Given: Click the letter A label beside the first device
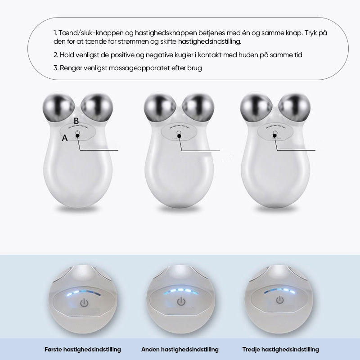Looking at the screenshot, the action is tap(65, 138).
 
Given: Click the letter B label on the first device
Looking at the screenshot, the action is tap(76, 121).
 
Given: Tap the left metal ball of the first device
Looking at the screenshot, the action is tap(58, 108).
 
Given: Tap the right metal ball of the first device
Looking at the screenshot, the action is tap(97, 108).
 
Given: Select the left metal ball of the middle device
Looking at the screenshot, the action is tap(160, 108).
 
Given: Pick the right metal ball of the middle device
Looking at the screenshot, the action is tap(198, 108).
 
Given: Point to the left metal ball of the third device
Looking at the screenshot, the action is tap(256, 108).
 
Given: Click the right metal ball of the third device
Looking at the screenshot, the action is tap(294, 108).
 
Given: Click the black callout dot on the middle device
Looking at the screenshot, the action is tap(179, 136).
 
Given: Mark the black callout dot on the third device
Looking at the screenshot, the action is tap(274, 136).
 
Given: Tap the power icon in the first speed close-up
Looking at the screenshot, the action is tap(84, 303).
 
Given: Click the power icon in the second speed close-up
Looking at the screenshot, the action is tap(181, 301).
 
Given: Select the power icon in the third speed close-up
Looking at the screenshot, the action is tap(279, 300).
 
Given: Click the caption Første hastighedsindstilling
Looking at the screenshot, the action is tap(83, 350).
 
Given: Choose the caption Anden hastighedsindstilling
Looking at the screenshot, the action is tap(180, 350).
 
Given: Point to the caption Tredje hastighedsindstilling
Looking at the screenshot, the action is tap(280, 350).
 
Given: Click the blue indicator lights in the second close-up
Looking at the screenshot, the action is tap(181, 291).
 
